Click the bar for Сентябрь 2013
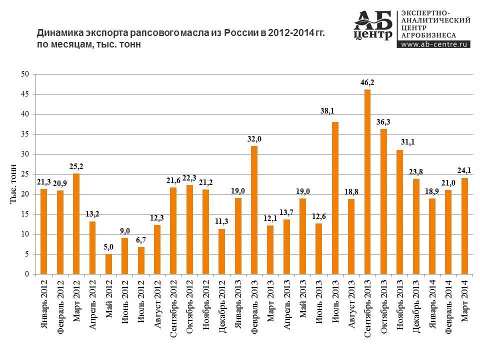(x=367, y=182)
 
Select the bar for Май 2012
(x=108, y=264)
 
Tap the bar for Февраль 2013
(x=254, y=210)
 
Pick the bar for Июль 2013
(x=335, y=198)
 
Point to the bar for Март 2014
(x=464, y=226)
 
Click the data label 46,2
(x=367, y=82)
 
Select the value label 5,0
(x=108, y=246)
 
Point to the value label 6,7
(x=141, y=239)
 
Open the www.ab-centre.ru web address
(x=435, y=44)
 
